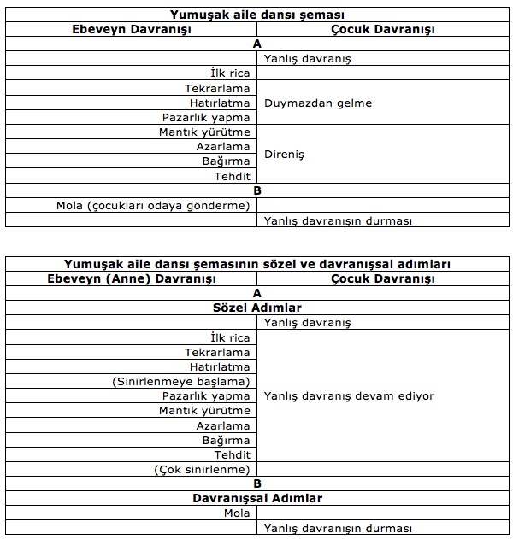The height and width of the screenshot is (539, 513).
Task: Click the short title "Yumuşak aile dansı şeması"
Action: (257, 15)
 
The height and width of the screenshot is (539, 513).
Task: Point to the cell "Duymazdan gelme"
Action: (318, 103)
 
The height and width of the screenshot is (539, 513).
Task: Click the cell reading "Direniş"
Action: (285, 155)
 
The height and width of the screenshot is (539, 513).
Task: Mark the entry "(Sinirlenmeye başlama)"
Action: (181, 381)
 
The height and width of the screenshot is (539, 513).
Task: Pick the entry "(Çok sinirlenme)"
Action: (203, 469)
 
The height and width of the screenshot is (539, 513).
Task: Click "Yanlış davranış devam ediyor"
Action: (349, 396)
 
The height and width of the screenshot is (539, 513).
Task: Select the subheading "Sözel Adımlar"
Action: (257, 308)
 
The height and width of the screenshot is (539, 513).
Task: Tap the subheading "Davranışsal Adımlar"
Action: (257, 498)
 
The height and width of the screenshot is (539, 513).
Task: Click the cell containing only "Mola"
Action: (237, 513)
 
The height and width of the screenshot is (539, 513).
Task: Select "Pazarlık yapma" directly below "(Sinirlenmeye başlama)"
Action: (217, 395)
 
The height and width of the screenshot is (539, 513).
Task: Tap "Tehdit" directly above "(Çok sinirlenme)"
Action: (233, 454)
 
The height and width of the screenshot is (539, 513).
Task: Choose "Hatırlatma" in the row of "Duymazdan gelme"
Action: (221, 103)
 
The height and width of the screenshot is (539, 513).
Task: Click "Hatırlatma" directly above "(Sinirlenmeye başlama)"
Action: (221, 366)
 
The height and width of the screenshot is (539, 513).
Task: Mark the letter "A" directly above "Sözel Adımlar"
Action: (257, 293)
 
